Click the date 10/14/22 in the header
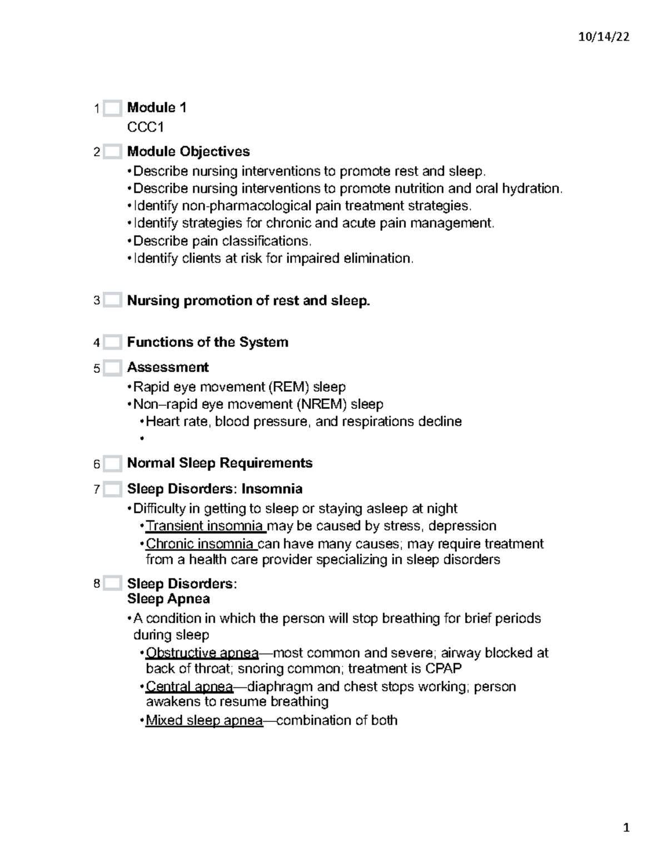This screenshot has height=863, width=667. [603, 37]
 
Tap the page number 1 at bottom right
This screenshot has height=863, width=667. [626, 828]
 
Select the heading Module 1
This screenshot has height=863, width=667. [157, 107]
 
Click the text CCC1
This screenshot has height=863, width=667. [145, 127]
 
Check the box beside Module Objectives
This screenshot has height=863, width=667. [112, 152]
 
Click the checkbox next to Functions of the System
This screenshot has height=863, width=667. [112, 342]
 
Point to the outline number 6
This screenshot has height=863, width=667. [97, 464]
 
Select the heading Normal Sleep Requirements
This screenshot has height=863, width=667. [220, 463]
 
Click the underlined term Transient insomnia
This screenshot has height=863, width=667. [204, 526]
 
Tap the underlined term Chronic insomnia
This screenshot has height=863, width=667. [200, 543]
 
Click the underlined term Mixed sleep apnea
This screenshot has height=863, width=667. [204, 720]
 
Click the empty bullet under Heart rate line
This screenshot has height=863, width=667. [142, 438]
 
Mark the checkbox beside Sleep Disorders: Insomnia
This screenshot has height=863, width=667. [112, 490]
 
